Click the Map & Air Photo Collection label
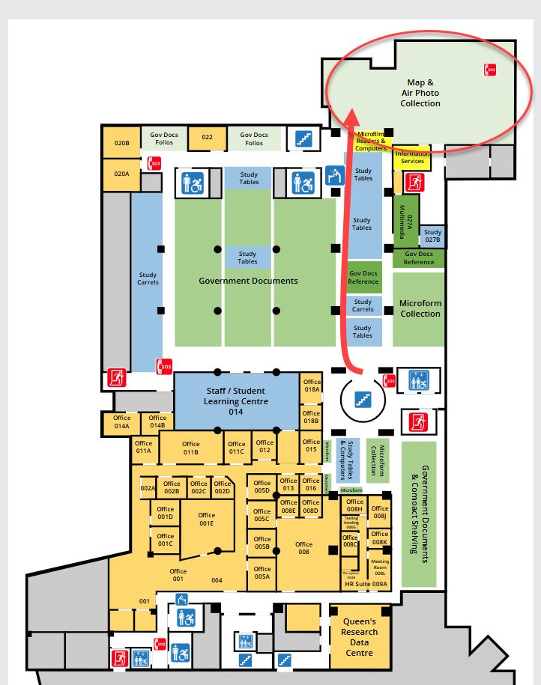tap(420, 93)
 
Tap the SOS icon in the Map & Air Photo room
tap(490, 70)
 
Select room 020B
tap(121, 142)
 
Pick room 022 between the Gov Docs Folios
tap(207, 138)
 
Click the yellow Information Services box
tap(412, 157)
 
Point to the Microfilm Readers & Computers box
tap(372, 141)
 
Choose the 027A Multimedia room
tap(406, 220)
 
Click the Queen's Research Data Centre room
tap(360, 637)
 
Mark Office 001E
tap(207, 520)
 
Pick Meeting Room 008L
tap(380, 566)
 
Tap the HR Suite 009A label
tap(366, 584)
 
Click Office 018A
tap(312, 386)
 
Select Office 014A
tap(121, 421)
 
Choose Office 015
tap(312, 445)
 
